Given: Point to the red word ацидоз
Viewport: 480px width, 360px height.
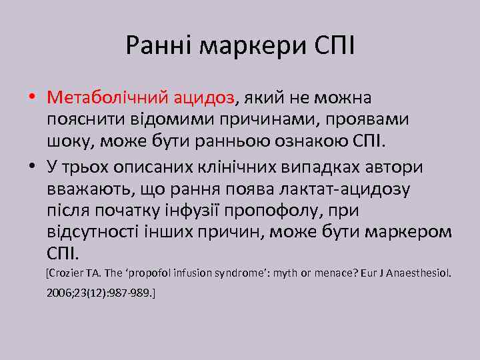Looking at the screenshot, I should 203,98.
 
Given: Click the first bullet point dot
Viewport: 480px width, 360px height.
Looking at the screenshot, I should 32,99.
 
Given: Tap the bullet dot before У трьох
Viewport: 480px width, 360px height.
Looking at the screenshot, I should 32,167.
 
